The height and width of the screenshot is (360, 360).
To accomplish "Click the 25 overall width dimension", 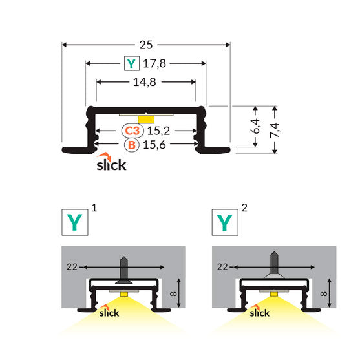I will click(x=146, y=45).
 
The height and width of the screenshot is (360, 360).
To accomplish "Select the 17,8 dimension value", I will click(x=154, y=63).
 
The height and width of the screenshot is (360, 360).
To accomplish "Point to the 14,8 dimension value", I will click(x=146, y=82).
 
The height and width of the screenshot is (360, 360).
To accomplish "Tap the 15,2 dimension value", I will click(x=158, y=130).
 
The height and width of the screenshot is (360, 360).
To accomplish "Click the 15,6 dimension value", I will click(x=158, y=145).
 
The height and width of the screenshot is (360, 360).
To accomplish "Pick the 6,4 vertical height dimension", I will click(x=257, y=126).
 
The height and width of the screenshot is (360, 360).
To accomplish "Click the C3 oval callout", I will click(x=132, y=130).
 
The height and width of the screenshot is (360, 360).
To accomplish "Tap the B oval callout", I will click(x=132, y=145).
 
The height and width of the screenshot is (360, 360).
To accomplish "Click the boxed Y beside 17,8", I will click(x=132, y=63).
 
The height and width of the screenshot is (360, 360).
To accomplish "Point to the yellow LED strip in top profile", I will click(x=146, y=118).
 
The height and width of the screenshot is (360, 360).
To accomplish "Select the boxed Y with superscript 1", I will click(x=75, y=222).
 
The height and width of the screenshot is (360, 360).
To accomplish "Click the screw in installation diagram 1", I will click(x=122, y=270).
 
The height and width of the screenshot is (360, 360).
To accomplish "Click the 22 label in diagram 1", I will click(x=72, y=266).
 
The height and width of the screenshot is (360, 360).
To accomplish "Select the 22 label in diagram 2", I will click(x=222, y=266).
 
